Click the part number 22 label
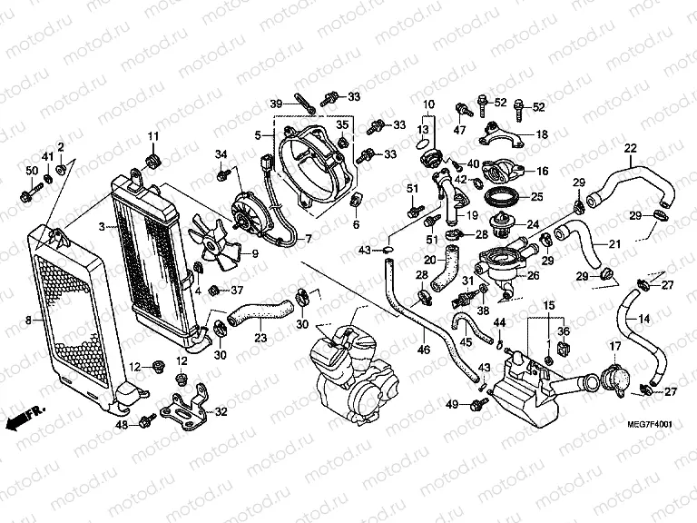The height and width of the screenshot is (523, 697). [x=630, y=148]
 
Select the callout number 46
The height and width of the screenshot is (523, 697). [x=423, y=349]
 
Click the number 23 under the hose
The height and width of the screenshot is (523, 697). [x=260, y=339]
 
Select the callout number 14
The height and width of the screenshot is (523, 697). [x=643, y=319]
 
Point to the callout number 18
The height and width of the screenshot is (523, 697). [x=542, y=134]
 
